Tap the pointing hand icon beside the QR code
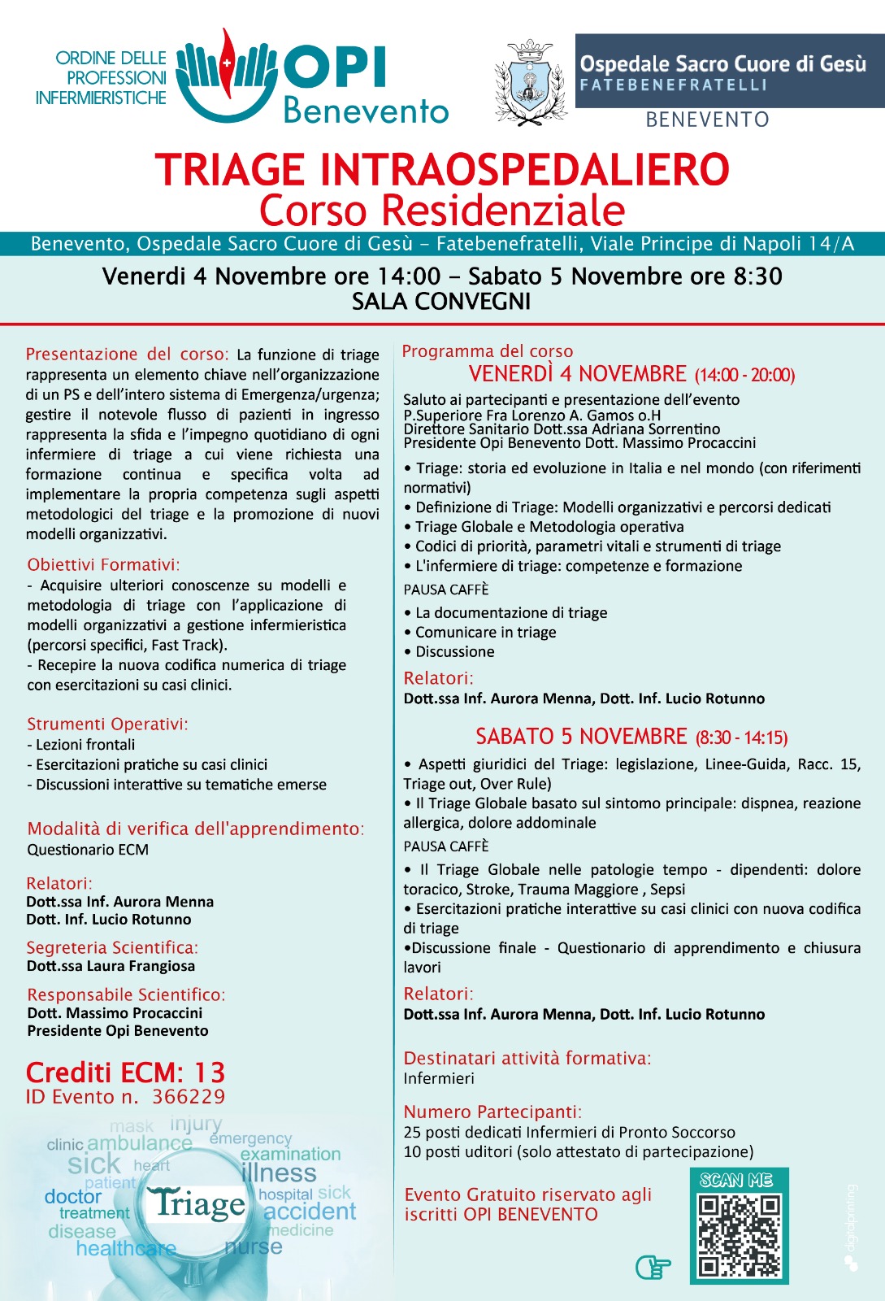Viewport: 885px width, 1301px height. pyautogui.click(x=653, y=1266)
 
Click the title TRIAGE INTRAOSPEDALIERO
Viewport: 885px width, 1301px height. pyautogui.click(x=442, y=170)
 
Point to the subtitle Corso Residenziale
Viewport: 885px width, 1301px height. pyautogui.click(x=442, y=210)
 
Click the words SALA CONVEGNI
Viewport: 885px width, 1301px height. pyautogui.click(x=441, y=302)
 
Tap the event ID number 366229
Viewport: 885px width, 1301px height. pyautogui.click(x=189, y=1097)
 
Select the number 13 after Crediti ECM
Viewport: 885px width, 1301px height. pyautogui.click(x=209, y=1073)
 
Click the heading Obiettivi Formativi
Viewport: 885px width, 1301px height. pyautogui.click(x=103, y=565)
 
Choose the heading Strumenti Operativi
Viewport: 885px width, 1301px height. pyautogui.click(x=107, y=724)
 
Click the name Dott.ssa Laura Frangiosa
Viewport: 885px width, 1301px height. pyautogui.click(x=111, y=966)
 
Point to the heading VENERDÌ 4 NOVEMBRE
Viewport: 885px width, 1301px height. pyautogui.click(x=578, y=374)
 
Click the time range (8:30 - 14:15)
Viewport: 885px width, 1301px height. pyautogui.click(x=741, y=738)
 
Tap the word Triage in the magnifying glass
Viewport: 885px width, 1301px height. pyautogui.click(x=199, y=1203)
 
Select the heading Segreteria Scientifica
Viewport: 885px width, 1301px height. pyautogui.click(x=112, y=947)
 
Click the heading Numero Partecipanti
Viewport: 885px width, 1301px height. pyautogui.click(x=492, y=1112)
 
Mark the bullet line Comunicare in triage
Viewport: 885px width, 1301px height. pyautogui.click(x=485, y=633)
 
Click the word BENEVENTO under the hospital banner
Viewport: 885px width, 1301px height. pyautogui.click(x=707, y=120)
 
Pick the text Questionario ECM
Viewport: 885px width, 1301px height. pyautogui.click(x=88, y=850)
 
